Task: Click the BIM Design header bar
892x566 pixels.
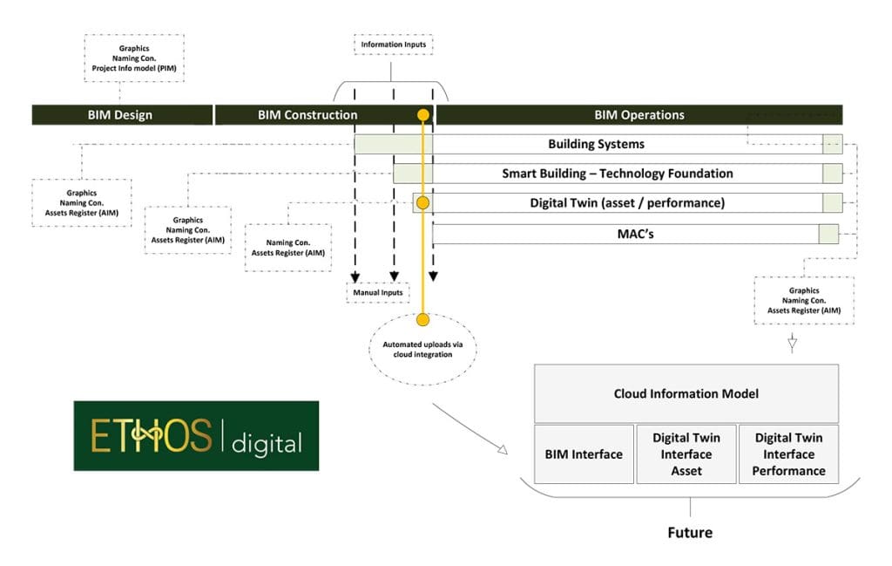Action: point(122,115)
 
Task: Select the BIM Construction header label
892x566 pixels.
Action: point(307,115)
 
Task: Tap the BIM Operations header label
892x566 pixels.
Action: point(639,115)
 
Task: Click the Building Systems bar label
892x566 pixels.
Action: point(596,144)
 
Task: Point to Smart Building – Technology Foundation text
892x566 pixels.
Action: point(617,174)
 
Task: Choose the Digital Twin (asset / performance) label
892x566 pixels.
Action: point(627,203)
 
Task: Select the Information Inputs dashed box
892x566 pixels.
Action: point(393,44)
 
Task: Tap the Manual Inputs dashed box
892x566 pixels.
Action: point(378,293)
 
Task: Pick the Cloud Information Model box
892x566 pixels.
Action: point(686,393)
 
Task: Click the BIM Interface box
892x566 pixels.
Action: point(584,454)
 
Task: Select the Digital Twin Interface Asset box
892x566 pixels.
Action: point(686,454)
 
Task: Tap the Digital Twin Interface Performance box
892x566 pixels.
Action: point(789,454)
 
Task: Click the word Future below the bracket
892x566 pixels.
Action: point(690,532)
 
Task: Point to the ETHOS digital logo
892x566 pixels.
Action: point(196,436)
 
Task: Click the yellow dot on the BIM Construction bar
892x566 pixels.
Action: point(423,115)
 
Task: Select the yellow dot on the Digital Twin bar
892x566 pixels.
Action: point(423,203)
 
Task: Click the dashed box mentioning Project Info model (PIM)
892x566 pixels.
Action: point(133,58)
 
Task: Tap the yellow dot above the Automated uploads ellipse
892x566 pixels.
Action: point(422,319)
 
